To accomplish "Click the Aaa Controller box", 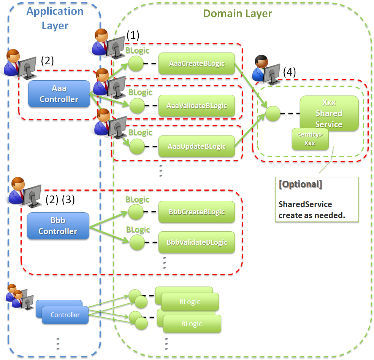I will (x=59, y=94).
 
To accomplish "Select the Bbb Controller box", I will (x=58, y=226).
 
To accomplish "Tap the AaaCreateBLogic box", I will (x=197, y=63).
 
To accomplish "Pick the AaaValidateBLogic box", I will (x=197, y=106).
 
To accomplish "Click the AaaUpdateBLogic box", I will (x=197, y=147).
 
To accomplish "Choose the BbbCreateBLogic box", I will (x=197, y=212).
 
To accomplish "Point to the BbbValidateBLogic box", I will (x=197, y=242).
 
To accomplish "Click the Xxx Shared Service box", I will (x=329, y=113).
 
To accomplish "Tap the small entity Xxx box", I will (x=310, y=139).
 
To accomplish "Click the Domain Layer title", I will (x=238, y=14).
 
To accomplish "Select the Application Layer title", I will (x=55, y=18).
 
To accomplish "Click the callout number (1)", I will (x=133, y=35).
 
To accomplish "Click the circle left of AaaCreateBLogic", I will (x=136, y=64).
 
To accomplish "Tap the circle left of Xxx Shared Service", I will (x=273, y=113).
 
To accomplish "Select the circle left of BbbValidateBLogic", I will (x=137, y=242).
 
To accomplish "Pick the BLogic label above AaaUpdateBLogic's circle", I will (x=140, y=133).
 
